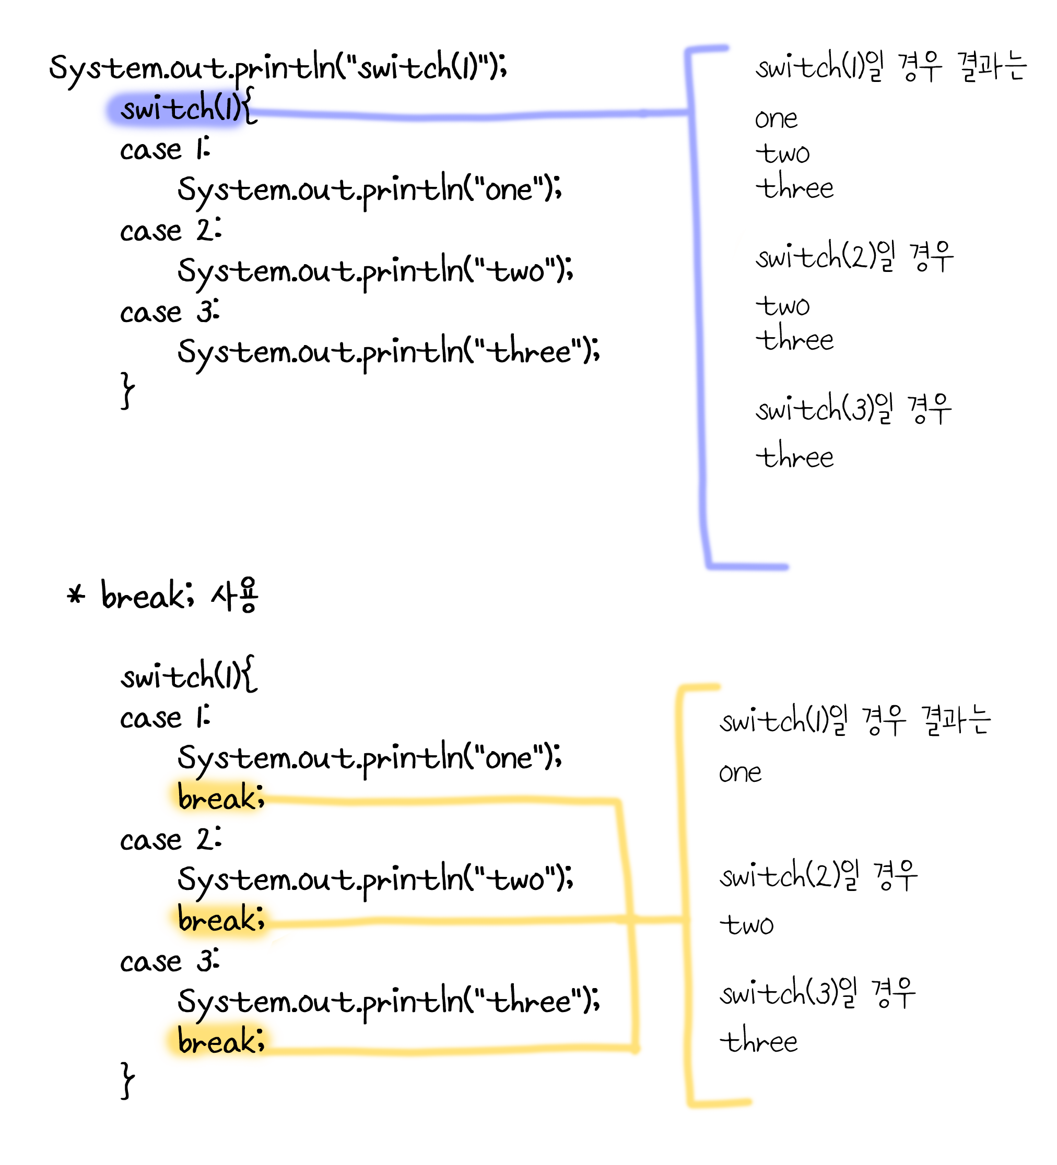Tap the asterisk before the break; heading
(x=76, y=595)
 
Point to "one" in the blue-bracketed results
(x=776, y=120)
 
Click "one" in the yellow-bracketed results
(x=740, y=773)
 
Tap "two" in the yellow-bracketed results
(x=746, y=924)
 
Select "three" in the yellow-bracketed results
(x=758, y=1042)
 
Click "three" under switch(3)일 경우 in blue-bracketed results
(x=794, y=458)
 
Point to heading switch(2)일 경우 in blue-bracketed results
(x=853, y=256)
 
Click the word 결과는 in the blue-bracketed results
(x=992, y=67)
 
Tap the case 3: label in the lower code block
(x=169, y=962)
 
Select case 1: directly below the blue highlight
(x=165, y=150)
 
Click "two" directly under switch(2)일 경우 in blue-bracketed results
(x=782, y=306)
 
